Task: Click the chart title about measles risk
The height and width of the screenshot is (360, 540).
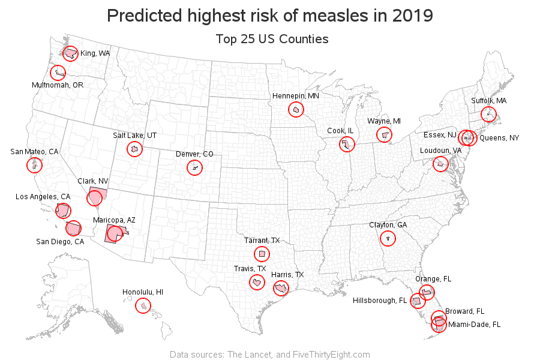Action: coord(270,15)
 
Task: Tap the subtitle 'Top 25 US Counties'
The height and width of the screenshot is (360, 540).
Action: coord(272,40)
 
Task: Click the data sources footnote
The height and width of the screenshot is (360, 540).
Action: coord(270,354)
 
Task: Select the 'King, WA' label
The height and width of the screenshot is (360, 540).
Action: coord(95,53)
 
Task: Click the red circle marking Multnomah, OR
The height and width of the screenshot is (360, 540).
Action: coord(58,73)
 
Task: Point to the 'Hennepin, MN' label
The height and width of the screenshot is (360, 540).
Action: coord(295,96)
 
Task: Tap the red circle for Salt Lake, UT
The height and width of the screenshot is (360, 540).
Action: coord(134,149)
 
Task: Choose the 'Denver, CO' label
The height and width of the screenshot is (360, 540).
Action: coord(194,154)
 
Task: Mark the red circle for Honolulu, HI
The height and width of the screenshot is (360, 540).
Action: coord(143,305)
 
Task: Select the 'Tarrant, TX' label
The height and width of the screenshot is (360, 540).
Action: coord(262,241)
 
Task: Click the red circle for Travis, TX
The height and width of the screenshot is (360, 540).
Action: coord(257,282)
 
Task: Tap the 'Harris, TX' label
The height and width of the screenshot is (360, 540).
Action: coord(287,275)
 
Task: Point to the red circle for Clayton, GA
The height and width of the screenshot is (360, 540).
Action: coord(388,238)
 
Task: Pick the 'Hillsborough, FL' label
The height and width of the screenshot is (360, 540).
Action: coord(380,300)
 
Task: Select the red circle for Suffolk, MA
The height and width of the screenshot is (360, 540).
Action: coord(488,114)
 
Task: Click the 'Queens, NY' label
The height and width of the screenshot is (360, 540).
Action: coord(499,138)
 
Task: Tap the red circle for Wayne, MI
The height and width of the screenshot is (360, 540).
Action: coord(383,135)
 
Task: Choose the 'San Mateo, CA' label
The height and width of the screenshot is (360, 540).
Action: coord(34,151)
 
